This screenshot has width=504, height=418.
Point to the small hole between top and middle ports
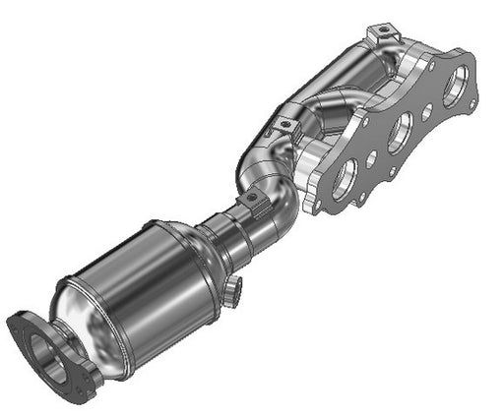point(425,113)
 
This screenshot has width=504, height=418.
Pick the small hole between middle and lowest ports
point(371,157)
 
